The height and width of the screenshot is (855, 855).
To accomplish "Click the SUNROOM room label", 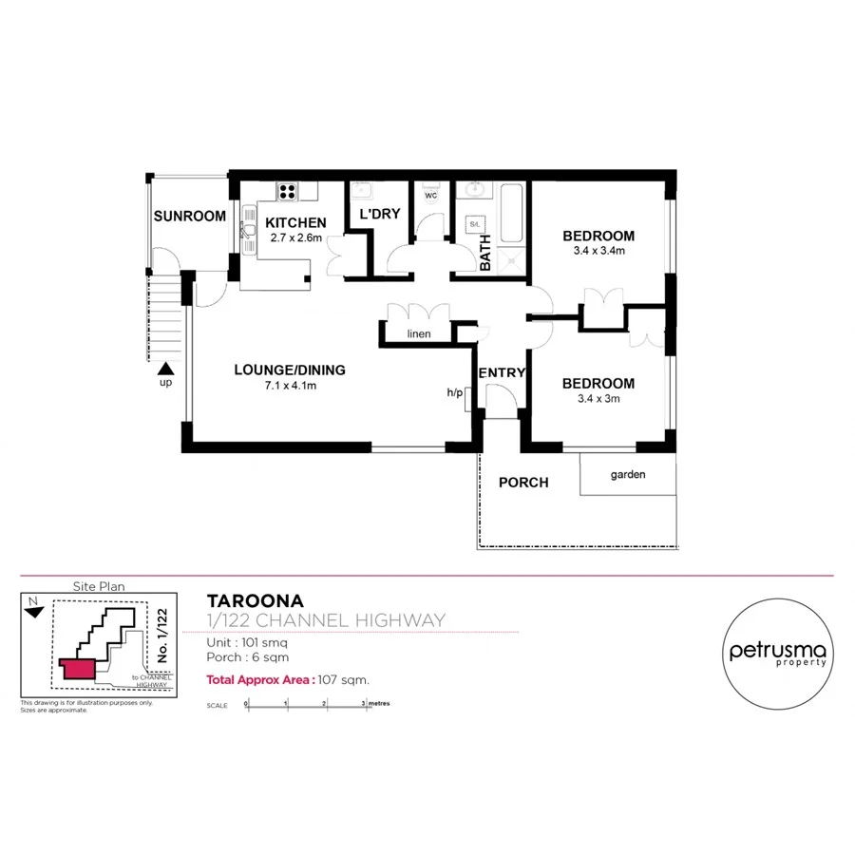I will coord(190,217).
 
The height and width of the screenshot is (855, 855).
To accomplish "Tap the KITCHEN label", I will coord(295,223).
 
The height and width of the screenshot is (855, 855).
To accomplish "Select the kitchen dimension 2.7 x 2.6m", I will coord(295,238).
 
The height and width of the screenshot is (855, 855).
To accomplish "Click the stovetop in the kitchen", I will coord(288,192).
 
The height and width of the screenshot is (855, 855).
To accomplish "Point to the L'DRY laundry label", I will coord(379,214).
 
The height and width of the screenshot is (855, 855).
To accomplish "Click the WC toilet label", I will coord(430,197).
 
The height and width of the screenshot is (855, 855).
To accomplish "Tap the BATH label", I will coord(484,252).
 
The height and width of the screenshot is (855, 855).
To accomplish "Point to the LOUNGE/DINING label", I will coord(290,370).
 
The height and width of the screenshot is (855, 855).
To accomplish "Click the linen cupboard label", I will coord(419,334).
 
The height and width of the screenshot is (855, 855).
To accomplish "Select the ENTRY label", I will coord(501,373).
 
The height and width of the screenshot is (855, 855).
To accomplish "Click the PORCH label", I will coord(523,483).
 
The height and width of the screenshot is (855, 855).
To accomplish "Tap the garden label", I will coord(628,473).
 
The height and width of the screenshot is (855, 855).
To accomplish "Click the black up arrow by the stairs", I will coord(166,369).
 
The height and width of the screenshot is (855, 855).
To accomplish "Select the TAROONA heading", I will coord(255,600).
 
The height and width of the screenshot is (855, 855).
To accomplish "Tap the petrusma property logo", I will coord(778,654).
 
